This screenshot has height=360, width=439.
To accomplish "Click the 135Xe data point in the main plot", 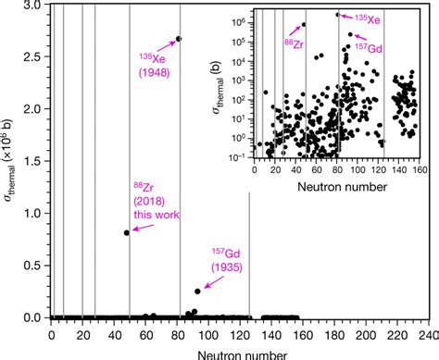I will tap(179, 39).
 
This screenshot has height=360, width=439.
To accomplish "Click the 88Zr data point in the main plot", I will tap(126, 232).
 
